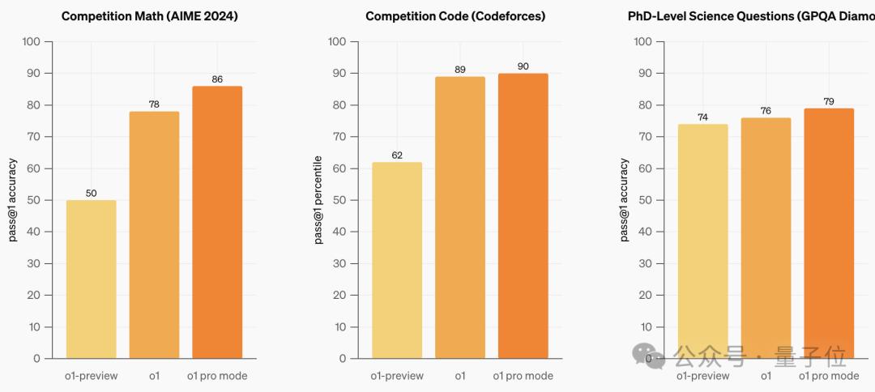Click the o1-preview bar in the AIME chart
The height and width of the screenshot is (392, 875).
(x=91, y=279)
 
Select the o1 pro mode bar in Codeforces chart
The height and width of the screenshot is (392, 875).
(x=523, y=215)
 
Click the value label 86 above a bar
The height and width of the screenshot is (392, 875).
(x=217, y=80)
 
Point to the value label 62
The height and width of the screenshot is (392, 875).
(x=397, y=156)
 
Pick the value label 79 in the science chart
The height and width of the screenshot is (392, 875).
(x=828, y=102)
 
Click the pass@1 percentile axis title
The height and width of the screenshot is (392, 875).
(x=319, y=199)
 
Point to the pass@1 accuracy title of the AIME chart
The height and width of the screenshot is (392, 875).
(x=14, y=199)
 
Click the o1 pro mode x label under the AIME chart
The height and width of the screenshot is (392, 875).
(x=217, y=376)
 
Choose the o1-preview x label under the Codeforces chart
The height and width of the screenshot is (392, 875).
(x=397, y=376)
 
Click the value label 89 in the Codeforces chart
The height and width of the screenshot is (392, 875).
(x=460, y=70)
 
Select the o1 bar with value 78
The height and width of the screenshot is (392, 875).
(x=154, y=235)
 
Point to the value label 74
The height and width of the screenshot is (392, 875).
(x=702, y=117)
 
